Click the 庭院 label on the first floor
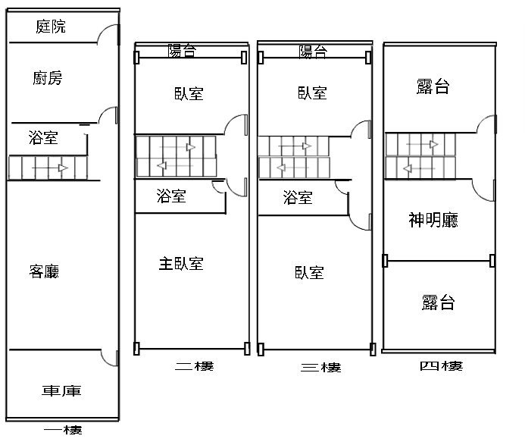[x=51, y=27]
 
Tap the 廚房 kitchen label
[x=48, y=78]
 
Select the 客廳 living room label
[x=44, y=271]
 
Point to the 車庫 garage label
[x=61, y=390]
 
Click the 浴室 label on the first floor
[x=43, y=138]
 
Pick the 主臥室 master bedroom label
[x=181, y=264]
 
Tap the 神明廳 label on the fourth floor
[x=433, y=220]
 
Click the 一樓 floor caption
[x=63, y=430]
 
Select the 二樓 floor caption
[x=194, y=366]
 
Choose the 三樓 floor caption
[x=320, y=368]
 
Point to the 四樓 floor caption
[x=442, y=366]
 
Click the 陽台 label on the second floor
[x=182, y=51]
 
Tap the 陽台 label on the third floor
[x=313, y=52]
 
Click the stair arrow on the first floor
[x=50, y=168]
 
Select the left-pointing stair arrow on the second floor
[x=175, y=165]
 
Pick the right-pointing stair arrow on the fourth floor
[x=422, y=145]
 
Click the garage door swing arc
[x=106, y=360]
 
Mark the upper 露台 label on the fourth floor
[x=433, y=86]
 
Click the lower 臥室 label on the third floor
[x=309, y=273]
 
